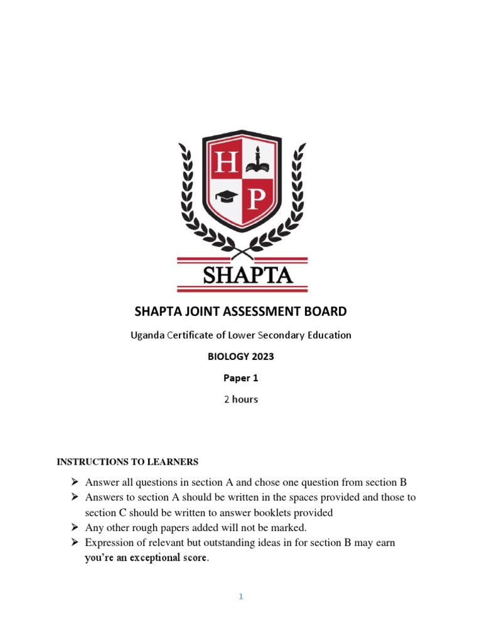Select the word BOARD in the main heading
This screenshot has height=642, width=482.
click(x=323, y=312)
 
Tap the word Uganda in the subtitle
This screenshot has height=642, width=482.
click(x=146, y=335)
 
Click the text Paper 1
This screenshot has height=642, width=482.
click(x=241, y=378)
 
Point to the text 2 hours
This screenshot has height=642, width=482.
click(x=241, y=399)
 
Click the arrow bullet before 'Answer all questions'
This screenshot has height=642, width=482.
click(x=75, y=482)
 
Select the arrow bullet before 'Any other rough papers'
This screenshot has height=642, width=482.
click(x=75, y=527)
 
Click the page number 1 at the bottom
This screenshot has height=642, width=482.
click(x=240, y=597)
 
